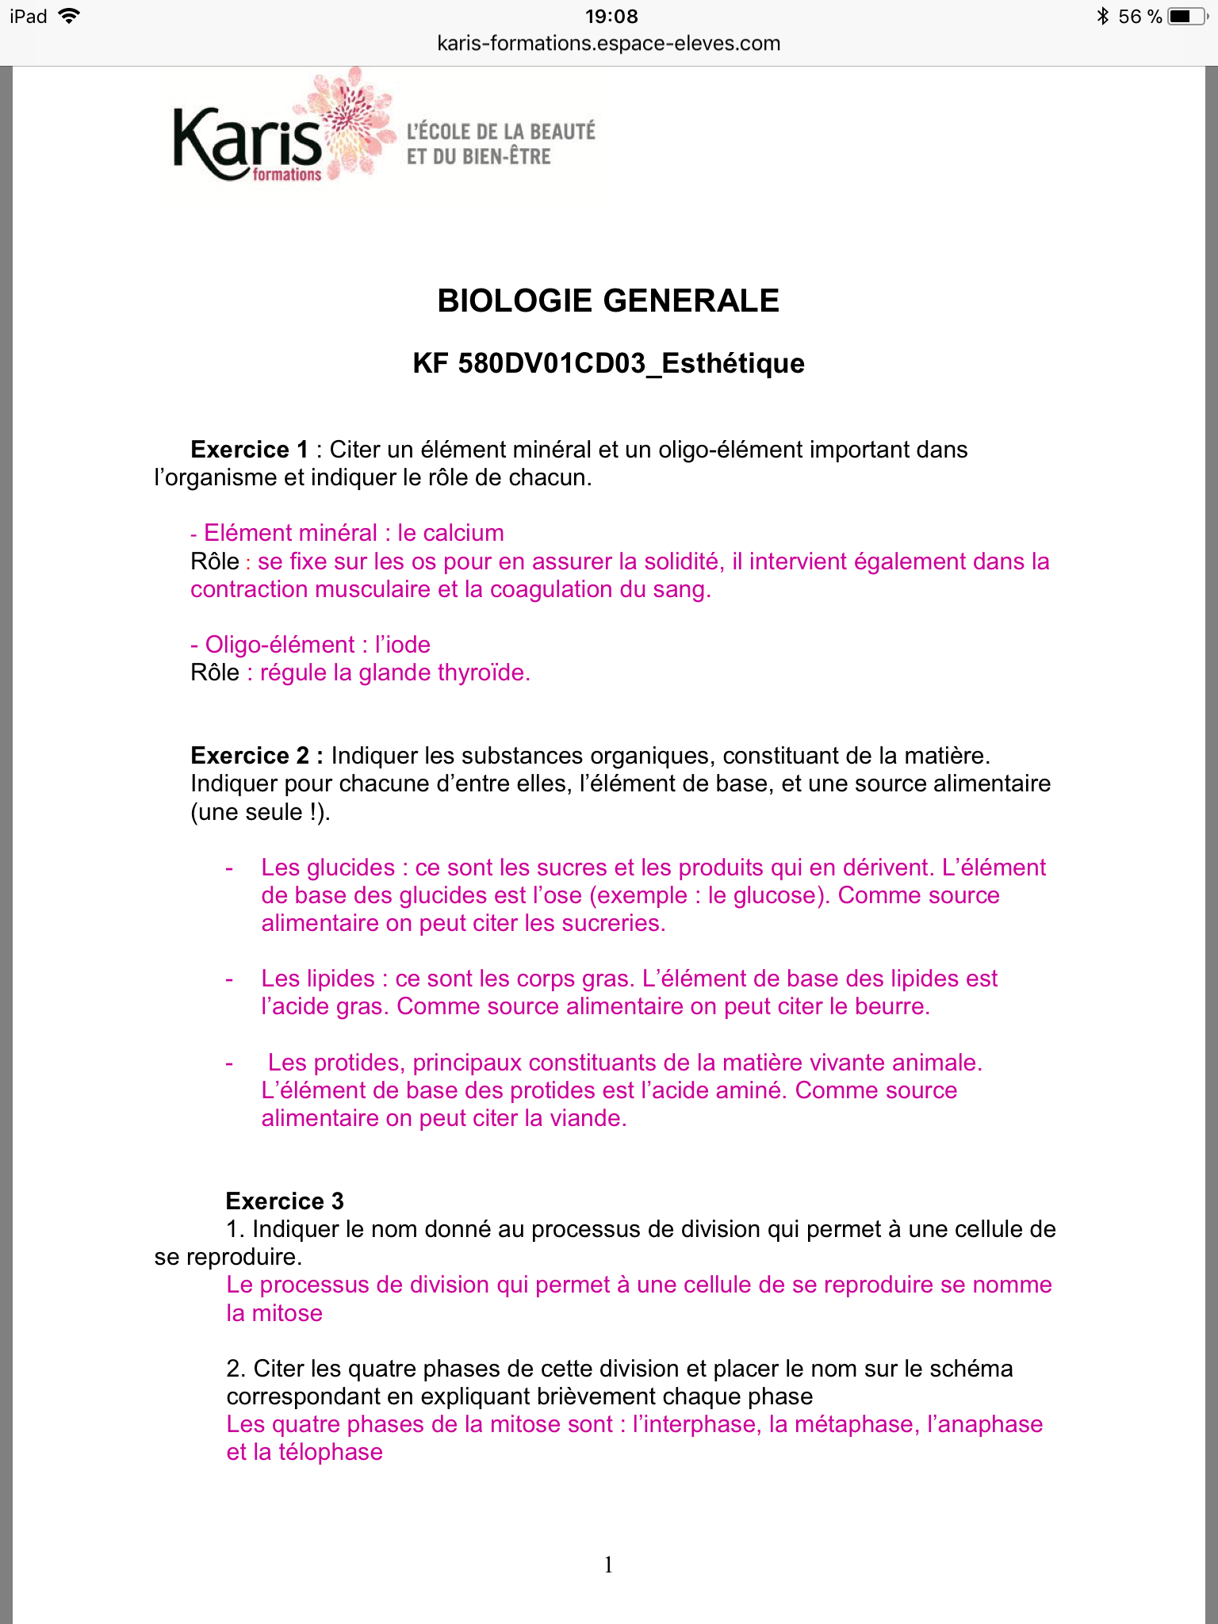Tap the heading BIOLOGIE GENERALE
click(x=608, y=301)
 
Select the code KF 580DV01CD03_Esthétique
click(x=608, y=363)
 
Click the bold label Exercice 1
click(x=249, y=450)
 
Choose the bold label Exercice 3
click(x=285, y=1201)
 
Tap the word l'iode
click(x=403, y=645)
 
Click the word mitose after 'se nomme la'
click(x=287, y=1313)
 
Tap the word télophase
click(x=331, y=1452)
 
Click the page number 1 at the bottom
click(x=608, y=1565)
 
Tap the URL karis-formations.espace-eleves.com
click(x=608, y=44)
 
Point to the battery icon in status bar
click(x=1187, y=17)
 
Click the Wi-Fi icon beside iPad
click(x=70, y=17)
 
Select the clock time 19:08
click(x=611, y=17)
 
